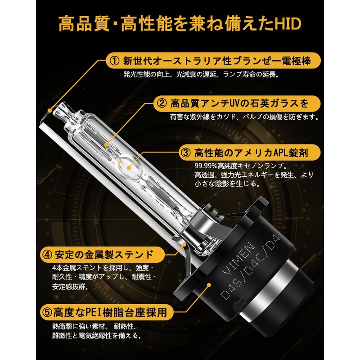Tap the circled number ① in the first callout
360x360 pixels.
point(114,61)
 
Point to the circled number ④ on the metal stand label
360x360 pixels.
point(47,255)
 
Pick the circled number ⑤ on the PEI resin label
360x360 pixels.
point(47,312)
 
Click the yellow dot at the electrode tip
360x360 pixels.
point(49,111)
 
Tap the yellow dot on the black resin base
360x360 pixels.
point(209,285)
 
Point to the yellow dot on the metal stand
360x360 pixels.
point(184,244)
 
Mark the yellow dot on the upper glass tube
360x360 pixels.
point(106,144)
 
